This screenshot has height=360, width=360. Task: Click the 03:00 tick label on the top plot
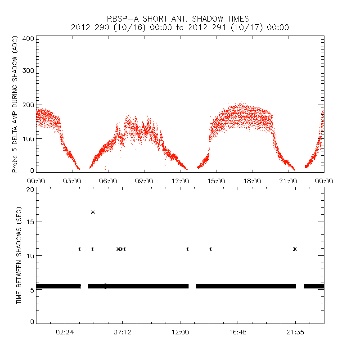(x=72, y=181)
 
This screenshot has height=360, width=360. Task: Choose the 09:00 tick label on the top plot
(x=144, y=181)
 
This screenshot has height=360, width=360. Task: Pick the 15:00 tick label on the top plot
(x=216, y=181)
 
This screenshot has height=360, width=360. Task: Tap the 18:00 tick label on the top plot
(x=252, y=181)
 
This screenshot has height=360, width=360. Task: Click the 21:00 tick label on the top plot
(x=288, y=181)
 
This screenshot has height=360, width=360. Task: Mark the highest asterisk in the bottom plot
(x=93, y=212)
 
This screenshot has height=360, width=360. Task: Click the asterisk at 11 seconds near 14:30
(x=210, y=249)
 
